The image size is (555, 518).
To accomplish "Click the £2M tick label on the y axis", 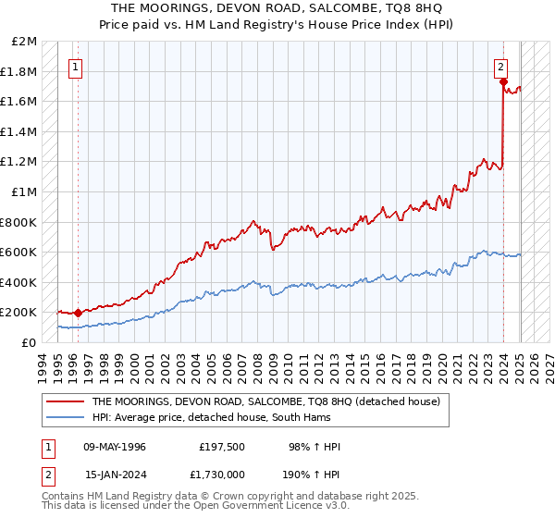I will pos(24,42).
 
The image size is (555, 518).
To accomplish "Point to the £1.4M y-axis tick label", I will pos(19,132).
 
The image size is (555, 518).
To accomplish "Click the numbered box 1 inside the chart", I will pos(74,67).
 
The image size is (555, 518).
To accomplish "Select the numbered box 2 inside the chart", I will pos(500,67).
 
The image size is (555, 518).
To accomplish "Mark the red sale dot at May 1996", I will pos(78,313).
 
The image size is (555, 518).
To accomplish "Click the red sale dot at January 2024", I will pos(503,82).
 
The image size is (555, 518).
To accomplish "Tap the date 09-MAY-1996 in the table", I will pos(115,447).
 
